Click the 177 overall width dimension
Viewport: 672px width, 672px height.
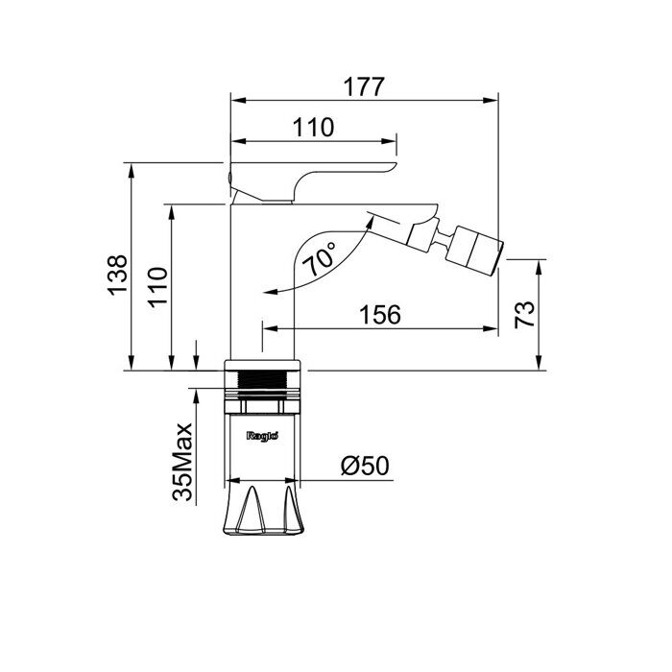point(364,87)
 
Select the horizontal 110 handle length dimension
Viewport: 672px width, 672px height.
point(313,128)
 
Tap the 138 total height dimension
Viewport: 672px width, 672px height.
point(118,276)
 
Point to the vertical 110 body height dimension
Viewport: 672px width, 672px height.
point(157,287)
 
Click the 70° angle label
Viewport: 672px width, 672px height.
point(320,258)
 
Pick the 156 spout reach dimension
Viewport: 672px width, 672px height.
point(380,315)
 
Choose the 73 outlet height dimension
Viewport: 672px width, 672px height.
point(525,315)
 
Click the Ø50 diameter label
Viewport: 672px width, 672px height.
point(365,466)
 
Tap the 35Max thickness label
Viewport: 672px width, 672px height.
point(182,462)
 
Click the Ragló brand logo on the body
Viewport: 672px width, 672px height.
point(263,436)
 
